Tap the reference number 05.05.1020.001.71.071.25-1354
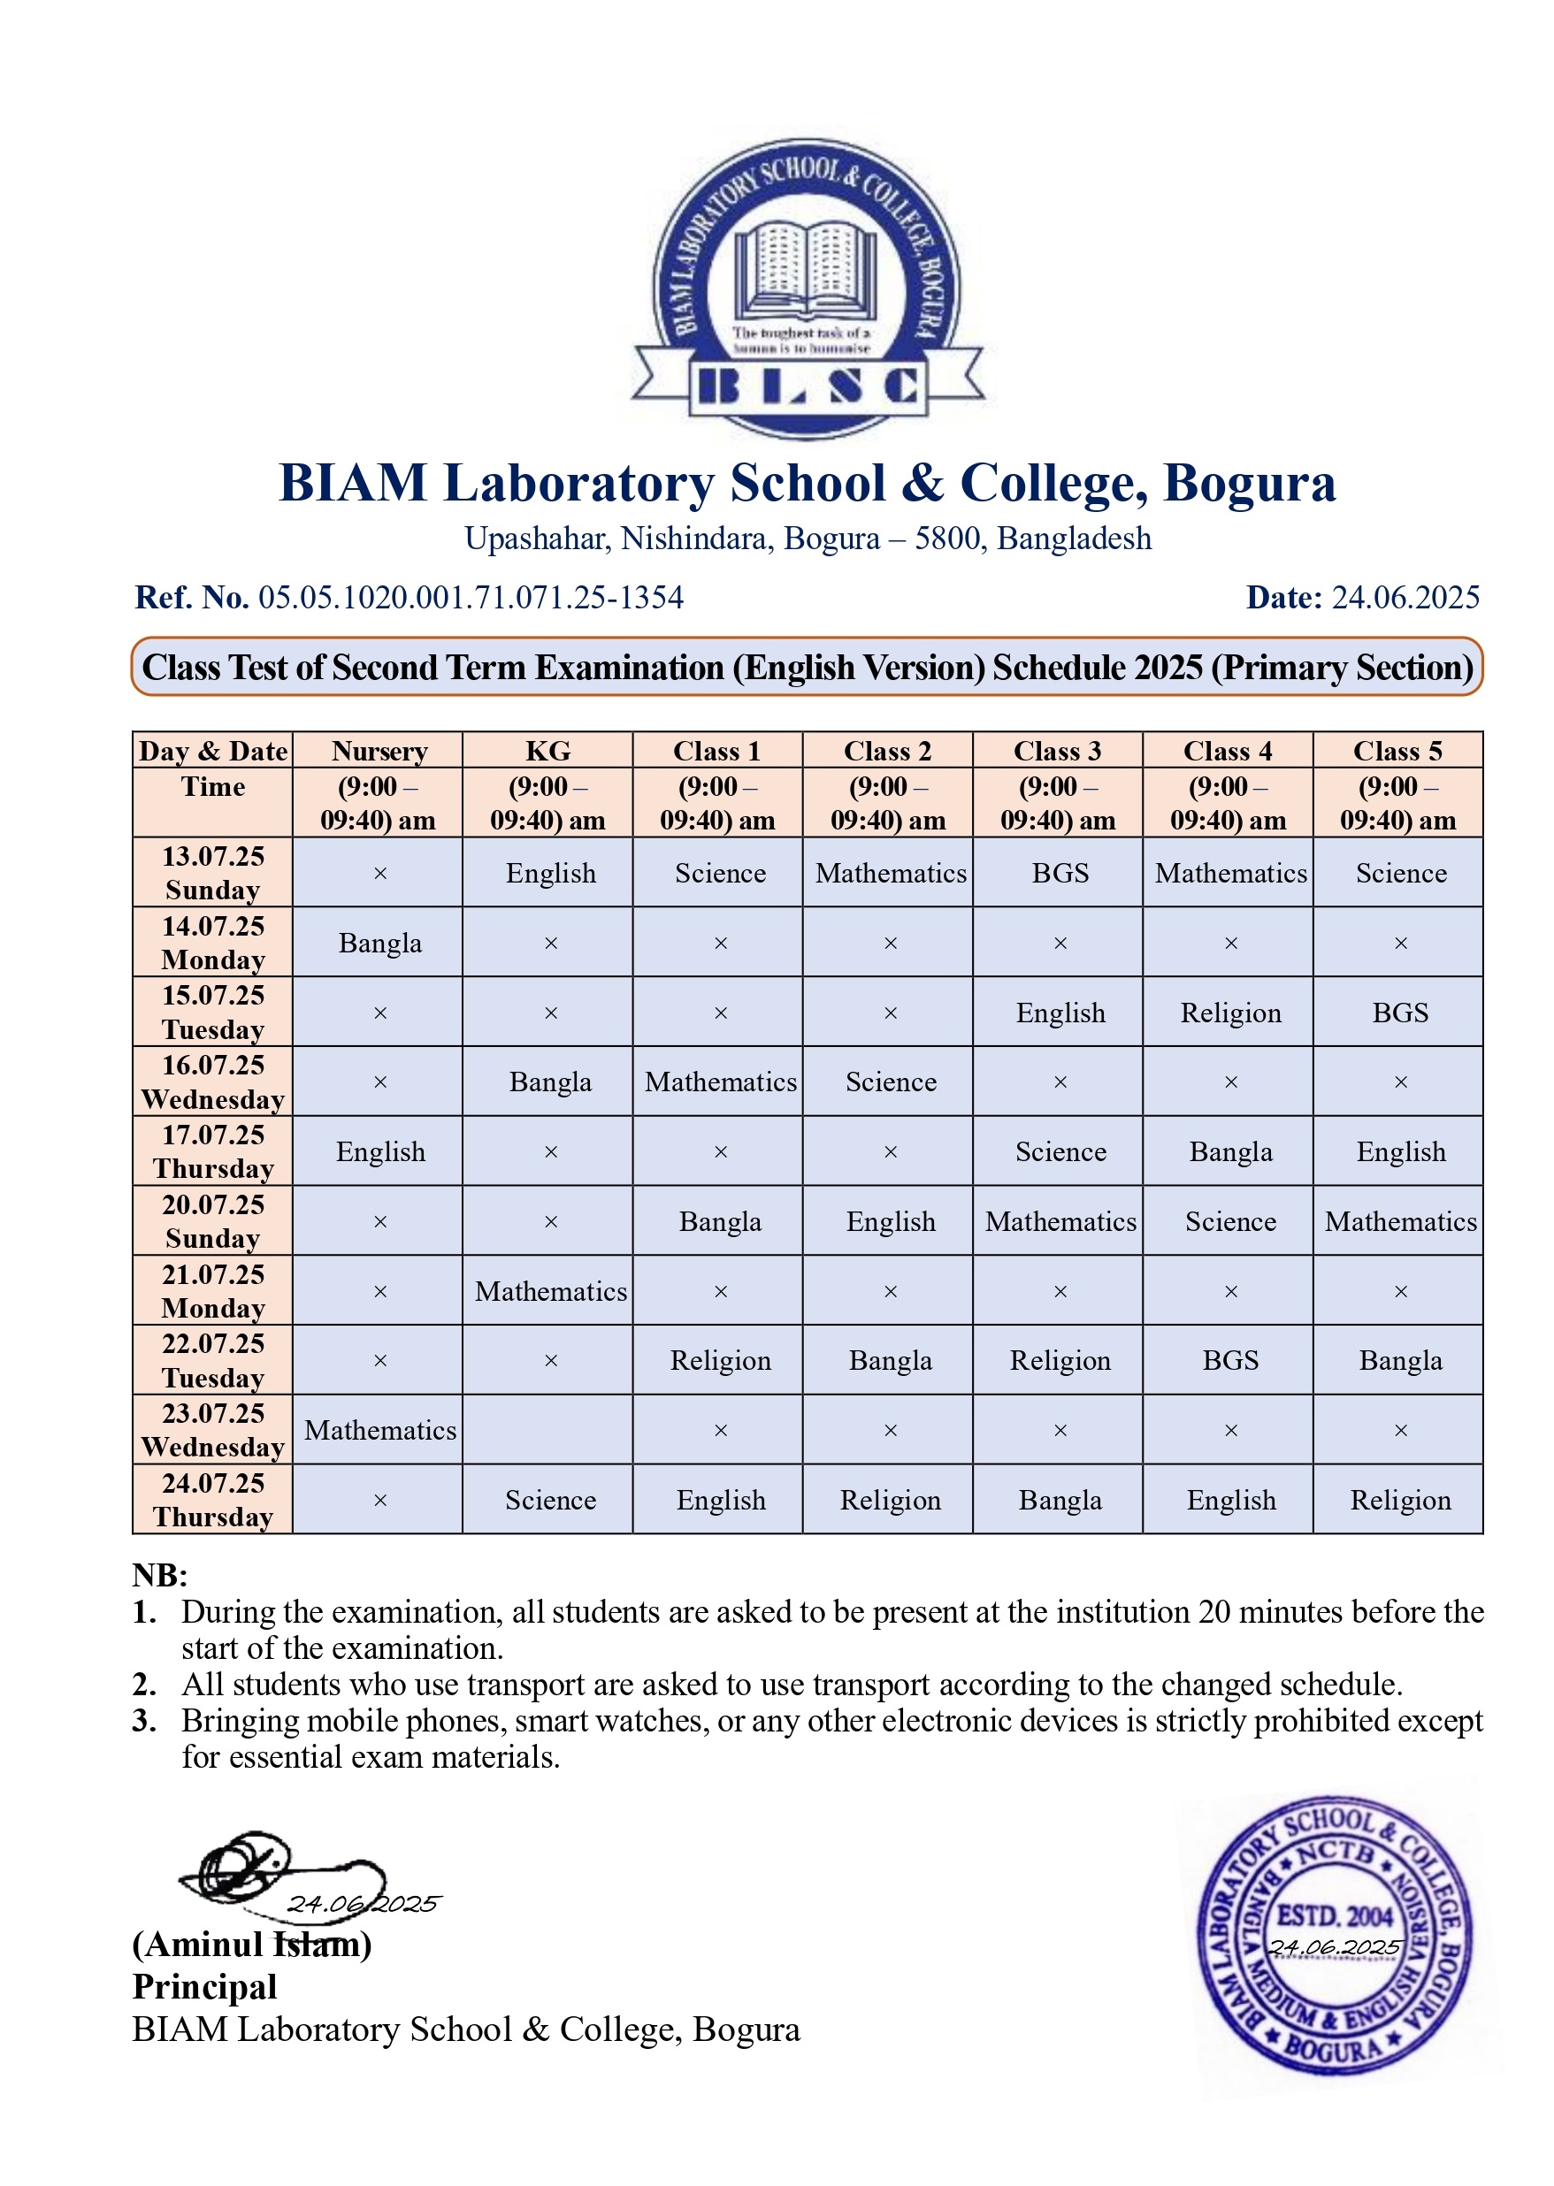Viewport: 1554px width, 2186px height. pos(471,598)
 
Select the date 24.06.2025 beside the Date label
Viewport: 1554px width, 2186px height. pos(1405,598)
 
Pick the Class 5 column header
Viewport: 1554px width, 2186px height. pos(1397,751)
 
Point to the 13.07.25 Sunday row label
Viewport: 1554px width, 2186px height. pos(212,873)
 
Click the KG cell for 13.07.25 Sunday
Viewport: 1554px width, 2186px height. pos(550,874)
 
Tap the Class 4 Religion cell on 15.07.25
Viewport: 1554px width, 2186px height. pos(1229,1013)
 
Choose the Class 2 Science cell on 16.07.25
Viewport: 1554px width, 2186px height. pos(890,1082)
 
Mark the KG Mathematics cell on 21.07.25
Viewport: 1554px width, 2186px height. pos(550,1291)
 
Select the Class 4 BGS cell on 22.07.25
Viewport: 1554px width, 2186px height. pos(1229,1360)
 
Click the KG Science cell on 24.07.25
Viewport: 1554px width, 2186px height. pos(550,1500)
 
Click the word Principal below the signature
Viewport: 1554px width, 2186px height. pos(205,1987)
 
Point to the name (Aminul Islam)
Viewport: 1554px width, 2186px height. pos(252,1944)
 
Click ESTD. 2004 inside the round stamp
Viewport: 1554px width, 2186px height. pos(1334,1916)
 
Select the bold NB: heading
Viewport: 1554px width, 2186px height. pos(160,1575)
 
